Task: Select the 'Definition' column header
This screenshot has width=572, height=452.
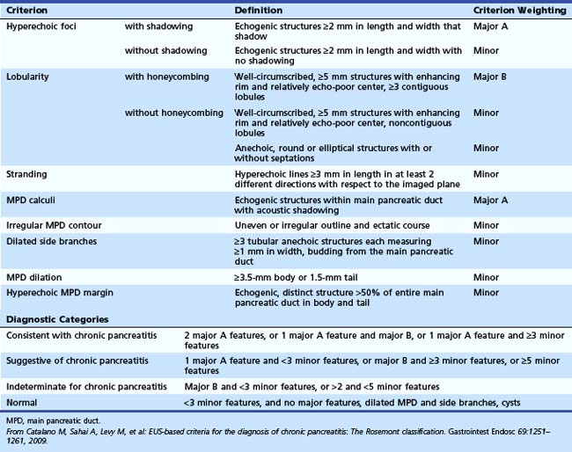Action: tap(259, 11)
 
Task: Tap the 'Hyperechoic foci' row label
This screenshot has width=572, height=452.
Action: tap(39, 27)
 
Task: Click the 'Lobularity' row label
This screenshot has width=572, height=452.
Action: tap(27, 77)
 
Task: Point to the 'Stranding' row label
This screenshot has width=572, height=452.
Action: tap(26, 174)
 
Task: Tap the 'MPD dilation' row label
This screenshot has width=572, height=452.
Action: tap(33, 277)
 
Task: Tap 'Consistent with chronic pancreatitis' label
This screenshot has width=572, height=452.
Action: tap(81, 336)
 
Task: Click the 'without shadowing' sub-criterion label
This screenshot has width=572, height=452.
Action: tap(162, 51)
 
